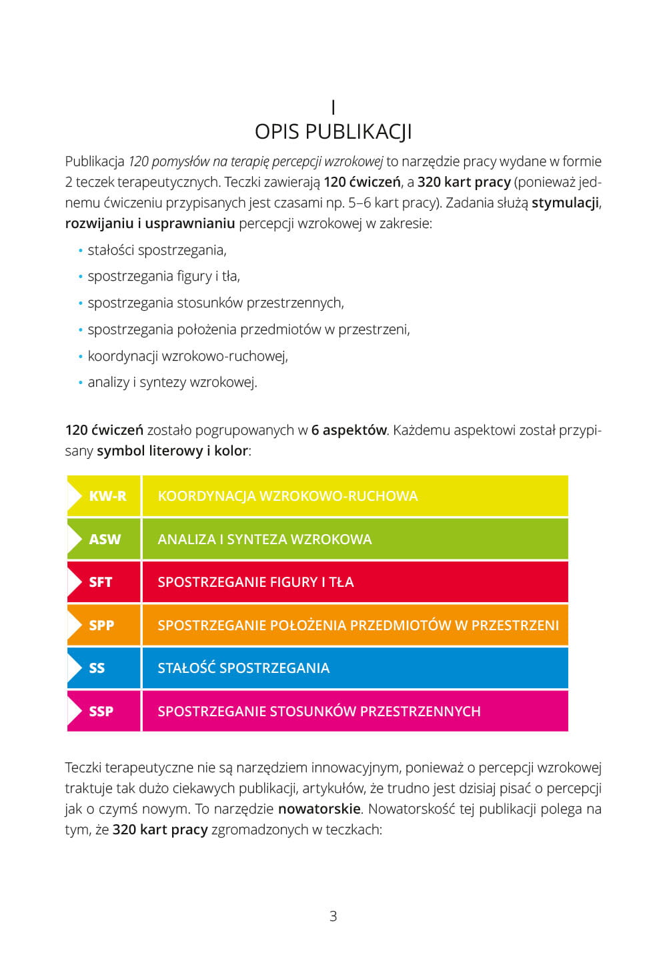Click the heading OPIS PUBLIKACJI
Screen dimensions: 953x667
click(333, 131)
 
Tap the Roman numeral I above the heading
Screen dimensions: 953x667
click(333, 107)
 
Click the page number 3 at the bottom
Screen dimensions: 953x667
click(333, 916)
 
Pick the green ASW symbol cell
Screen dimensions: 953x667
click(105, 539)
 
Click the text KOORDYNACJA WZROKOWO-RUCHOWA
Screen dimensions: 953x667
click(287, 496)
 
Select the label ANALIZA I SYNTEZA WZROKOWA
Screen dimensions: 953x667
click(264, 539)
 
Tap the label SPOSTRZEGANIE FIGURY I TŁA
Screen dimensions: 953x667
click(255, 582)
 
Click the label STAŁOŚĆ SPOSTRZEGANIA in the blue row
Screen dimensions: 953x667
click(243, 668)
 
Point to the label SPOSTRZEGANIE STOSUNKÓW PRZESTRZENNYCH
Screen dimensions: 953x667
click(319, 711)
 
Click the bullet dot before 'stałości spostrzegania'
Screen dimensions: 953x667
click(81, 251)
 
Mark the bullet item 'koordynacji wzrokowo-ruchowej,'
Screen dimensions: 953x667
click(187, 356)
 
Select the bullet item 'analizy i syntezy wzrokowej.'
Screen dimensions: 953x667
click(172, 382)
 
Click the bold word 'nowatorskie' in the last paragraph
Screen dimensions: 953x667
click(319, 809)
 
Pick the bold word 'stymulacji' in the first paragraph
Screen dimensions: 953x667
click(566, 202)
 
